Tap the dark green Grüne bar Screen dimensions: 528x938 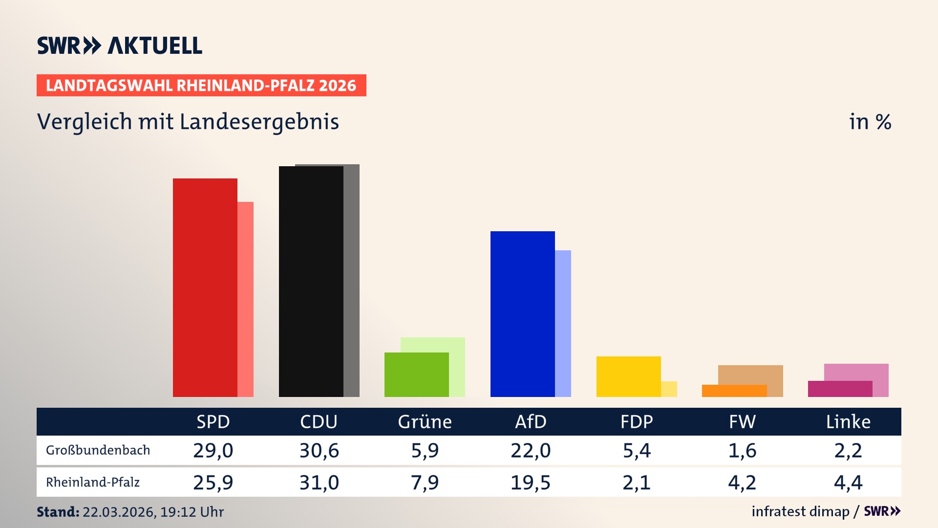tap(416, 374)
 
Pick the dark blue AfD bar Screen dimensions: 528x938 tap(522, 314)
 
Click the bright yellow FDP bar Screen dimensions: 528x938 tap(628, 376)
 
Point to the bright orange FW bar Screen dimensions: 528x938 tap(734, 391)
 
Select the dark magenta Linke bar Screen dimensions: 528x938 tap(840, 389)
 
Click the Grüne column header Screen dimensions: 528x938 tap(425, 422)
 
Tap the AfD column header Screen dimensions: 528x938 tap(531, 422)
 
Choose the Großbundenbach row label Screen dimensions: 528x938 tap(98, 450)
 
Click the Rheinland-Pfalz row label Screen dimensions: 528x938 tap(93, 483)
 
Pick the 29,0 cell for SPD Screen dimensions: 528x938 tap(213, 450)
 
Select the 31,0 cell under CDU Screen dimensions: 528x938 tap(319, 483)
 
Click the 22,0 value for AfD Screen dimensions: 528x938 tap(531, 450)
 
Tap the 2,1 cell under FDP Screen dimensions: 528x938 tap(637, 483)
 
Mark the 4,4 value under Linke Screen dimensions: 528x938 tap(848, 483)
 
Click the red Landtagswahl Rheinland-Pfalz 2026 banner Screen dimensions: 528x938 tap(201, 86)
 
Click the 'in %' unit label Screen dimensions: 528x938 tap(870, 122)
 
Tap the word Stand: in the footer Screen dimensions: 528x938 tap(58, 512)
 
